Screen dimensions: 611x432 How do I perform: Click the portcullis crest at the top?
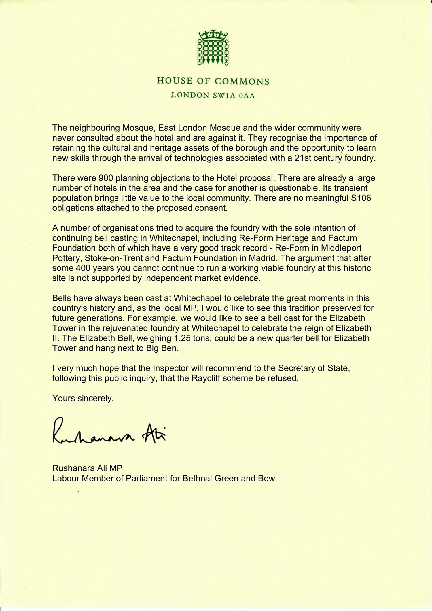pos(213,48)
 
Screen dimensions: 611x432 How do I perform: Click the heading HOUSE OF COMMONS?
pos(213,81)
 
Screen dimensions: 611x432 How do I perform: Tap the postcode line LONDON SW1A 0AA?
pos(213,95)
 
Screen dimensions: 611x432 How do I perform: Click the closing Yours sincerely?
pos(83,398)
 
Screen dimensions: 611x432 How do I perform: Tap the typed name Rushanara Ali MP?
pos(87,468)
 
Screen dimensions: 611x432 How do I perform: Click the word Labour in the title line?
pos(66,478)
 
